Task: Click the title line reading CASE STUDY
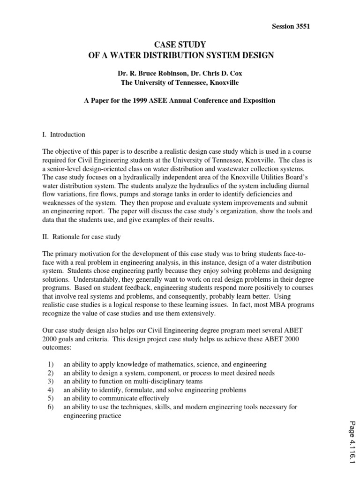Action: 180,45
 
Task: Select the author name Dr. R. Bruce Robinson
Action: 148,74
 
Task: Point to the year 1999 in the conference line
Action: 145,101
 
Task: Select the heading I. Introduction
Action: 64,135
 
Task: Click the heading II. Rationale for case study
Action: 82,237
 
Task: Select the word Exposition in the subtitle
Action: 259,101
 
